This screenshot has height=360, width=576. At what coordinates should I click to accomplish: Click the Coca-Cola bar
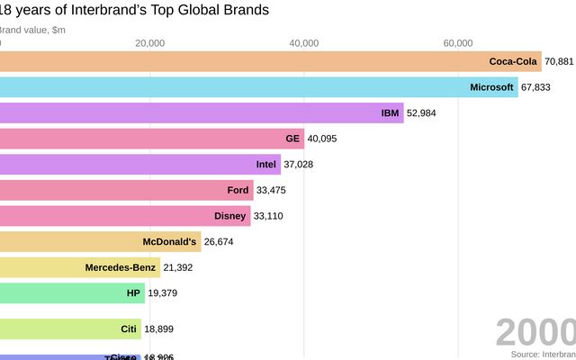[x=270, y=62]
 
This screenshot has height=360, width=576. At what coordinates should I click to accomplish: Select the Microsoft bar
[x=258, y=87]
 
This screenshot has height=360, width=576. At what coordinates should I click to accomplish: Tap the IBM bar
[x=202, y=113]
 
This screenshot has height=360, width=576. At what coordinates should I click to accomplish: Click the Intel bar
[x=140, y=165]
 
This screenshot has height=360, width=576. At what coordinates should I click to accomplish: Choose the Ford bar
[x=126, y=190]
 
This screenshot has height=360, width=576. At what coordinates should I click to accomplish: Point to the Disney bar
[x=125, y=216]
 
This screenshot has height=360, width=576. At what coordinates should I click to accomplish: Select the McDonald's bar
[x=100, y=241]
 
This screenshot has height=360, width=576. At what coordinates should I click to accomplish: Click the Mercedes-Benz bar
[x=80, y=267]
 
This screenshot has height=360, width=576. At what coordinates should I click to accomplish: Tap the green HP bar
[x=72, y=293]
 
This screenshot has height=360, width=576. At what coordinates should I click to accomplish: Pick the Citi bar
[x=70, y=328]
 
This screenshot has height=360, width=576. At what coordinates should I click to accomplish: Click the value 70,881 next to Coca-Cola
[x=559, y=62]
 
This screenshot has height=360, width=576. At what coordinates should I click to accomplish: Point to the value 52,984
[x=421, y=113]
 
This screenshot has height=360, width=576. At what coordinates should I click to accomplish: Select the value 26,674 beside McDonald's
[x=219, y=242]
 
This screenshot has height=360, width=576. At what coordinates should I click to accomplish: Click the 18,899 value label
[x=159, y=329]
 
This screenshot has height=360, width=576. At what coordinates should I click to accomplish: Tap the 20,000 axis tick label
[x=149, y=42]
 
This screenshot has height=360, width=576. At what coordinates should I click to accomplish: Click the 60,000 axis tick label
[x=458, y=42]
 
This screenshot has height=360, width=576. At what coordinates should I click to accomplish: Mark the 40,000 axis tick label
[x=304, y=42]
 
